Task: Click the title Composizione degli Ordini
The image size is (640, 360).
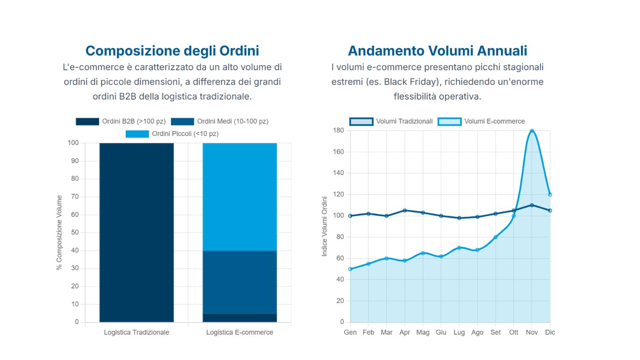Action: pos(172,51)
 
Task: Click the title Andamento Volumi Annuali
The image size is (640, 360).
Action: pos(437,51)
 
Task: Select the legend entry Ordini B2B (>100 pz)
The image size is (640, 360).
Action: pos(120,121)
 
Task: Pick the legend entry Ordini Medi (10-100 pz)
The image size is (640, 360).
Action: pos(220,121)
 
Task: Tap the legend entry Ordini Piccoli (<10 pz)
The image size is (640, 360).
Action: pos(172,134)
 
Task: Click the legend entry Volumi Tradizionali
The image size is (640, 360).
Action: pos(391,121)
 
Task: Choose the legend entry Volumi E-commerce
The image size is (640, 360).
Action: pos(481,121)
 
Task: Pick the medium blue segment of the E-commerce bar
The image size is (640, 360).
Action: pos(240,282)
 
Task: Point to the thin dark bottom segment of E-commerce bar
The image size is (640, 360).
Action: pos(240,318)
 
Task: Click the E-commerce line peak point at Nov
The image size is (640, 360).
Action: pos(532,131)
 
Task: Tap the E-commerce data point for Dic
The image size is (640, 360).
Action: pos(550,194)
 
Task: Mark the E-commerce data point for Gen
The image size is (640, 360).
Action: pos(350,269)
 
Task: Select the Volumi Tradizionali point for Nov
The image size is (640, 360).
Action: pos(532,205)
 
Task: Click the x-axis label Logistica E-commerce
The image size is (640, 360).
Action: pos(240,332)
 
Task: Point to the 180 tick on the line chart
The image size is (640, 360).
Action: pos(339,130)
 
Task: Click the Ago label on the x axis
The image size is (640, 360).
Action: pos(477,332)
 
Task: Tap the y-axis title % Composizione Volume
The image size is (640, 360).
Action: pos(59,232)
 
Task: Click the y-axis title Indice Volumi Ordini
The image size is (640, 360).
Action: pos(324,226)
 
